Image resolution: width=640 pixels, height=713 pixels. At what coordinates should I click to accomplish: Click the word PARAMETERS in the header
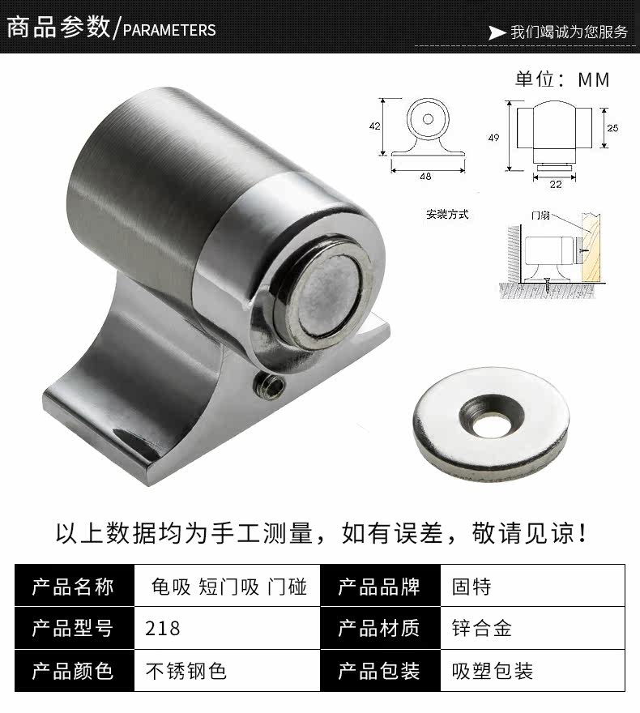click(x=169, y=30)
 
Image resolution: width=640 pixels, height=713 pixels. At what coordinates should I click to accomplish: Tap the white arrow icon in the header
click(x=496, y=32)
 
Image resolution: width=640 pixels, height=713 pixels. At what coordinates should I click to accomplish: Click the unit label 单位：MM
click(x=561, y=79)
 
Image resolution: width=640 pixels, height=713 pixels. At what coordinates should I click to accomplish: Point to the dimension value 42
click(x=374, y=126)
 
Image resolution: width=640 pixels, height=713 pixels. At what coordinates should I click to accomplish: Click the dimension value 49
click(x=493, y=137)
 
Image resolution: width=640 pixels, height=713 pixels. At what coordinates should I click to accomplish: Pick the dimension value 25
click(x=612, y=128)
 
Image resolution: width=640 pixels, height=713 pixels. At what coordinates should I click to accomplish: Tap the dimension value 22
click(x=555, y=184)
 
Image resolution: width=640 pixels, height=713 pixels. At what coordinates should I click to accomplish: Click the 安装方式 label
click(x=447, y=215)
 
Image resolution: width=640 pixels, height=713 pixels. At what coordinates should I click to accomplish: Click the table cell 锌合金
click(x=481, y=628)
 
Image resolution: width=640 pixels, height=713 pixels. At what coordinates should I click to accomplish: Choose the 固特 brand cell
click(x=471, y=586)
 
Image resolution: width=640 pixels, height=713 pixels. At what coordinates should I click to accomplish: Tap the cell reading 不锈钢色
click(x=186, y=670)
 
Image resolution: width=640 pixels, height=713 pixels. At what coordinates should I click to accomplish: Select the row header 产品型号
click(x=72, y=628)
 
